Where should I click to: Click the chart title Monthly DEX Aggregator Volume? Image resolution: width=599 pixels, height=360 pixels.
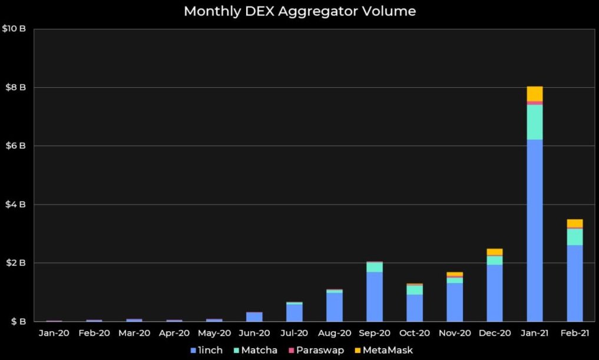coord(300,11)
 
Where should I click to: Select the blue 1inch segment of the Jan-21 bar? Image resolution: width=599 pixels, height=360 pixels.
coord(535,230)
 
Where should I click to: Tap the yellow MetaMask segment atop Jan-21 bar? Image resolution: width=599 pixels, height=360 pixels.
coord(535,94)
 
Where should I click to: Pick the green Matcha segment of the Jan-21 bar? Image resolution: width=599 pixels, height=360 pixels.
coord(535,122)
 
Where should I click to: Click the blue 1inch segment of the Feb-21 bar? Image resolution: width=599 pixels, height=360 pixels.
coord(575,283)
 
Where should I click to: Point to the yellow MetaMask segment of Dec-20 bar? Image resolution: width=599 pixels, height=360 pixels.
coord(495,252)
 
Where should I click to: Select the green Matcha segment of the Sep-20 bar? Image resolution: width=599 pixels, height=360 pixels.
coord(375,267)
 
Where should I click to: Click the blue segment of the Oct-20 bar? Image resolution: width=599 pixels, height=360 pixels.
coord(415,308)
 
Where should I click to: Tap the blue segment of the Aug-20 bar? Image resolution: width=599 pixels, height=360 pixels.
coord(335,306)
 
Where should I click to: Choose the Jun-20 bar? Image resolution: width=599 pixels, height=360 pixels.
coord(254,317)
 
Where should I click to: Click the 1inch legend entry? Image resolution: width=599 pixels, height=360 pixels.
coord(207,350)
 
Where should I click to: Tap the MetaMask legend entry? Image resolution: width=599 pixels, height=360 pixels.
coord(384,350)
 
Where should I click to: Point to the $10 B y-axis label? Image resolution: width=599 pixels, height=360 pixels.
coord(15,29)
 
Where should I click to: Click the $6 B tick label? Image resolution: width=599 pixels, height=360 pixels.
coord(15,146)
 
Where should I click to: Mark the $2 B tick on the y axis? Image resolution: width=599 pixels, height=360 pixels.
coord(15,263)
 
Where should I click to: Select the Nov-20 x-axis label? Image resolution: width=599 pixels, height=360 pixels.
coord(454,333)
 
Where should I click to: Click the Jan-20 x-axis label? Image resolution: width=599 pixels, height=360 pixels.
coord(54,333)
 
